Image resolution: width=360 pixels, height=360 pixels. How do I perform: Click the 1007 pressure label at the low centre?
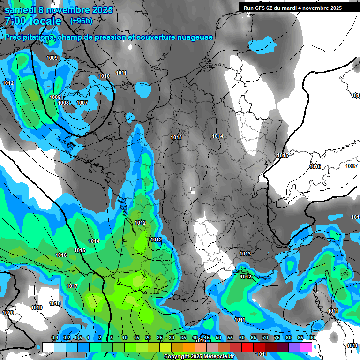[x=82, y=103]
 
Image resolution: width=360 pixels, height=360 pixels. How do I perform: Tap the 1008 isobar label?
[x=63, y=103]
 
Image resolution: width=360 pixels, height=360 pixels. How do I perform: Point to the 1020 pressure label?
[x=8, y=313]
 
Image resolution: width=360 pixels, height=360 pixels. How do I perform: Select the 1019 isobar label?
[x=37, y=307]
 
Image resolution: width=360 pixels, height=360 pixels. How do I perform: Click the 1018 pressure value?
[x=55, y=303]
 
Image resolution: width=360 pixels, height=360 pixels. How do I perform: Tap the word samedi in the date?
[x=21, y=10]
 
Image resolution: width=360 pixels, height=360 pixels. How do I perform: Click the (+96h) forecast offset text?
[x=81, y=21]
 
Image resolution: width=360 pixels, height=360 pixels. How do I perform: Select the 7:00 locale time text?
[x=33, y=21]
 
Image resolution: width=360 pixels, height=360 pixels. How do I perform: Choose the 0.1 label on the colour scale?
[x=55, y=338]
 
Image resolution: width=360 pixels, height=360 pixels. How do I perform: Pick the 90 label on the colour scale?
[x=312, y=338]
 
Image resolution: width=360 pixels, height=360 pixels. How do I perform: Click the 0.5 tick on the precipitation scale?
[x=78, y=338]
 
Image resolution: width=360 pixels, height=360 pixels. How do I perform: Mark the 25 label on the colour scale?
[x=160, y=338]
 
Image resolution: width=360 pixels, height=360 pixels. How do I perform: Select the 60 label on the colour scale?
[x=242, y=338]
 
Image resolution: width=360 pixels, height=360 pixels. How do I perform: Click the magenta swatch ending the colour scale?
[x=306, y=347]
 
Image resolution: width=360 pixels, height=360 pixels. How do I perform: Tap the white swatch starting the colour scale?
[x=48, y=347]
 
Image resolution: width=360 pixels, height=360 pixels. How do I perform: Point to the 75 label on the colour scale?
[x=277, y=338]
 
